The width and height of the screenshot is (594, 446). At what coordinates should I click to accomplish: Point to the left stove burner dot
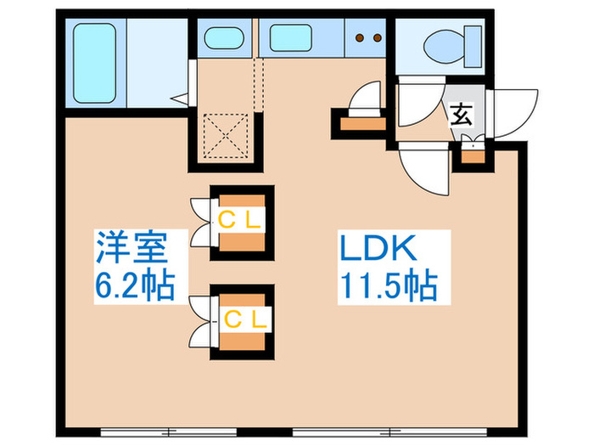(x=359, y=37)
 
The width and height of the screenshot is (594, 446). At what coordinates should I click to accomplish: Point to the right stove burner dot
(x=374, y=37)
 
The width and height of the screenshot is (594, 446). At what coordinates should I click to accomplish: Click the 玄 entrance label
(x=462, y=115)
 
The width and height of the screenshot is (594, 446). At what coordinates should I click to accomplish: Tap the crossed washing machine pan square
(x=225, y=133)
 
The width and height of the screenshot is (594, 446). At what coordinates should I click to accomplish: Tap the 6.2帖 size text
(x=133, y=286)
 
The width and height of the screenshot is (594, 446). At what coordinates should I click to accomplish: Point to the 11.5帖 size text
(x=389, y=286)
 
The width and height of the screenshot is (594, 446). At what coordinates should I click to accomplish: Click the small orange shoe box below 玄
(x=470, y=154)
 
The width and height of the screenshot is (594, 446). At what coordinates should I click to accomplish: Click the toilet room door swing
(x=420, y=102)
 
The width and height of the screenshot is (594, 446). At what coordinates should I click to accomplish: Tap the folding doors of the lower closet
(x=204, y=321)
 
